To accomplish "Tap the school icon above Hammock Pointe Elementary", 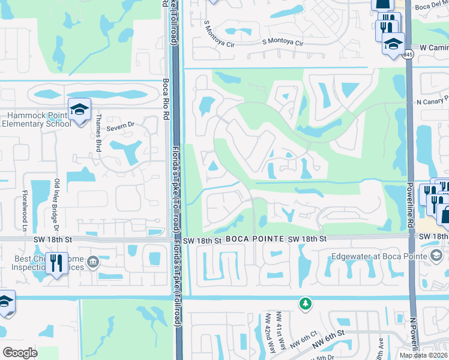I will (79, 109).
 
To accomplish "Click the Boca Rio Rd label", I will (166, 99).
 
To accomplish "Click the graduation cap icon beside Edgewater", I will (436, 256).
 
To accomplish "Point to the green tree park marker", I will (306, 304).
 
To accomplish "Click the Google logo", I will (20, 352).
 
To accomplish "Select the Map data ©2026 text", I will (423, 355).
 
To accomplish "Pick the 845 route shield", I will (409, 55).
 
